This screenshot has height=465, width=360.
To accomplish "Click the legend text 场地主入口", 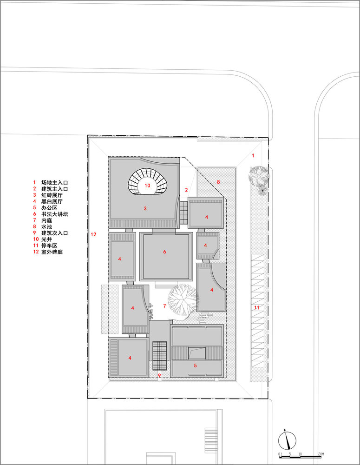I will (55, 183).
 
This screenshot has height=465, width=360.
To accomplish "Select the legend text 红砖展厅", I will (52, 196).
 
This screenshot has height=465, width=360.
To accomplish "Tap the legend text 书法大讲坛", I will (55, 215).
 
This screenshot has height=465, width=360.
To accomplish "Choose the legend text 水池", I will (46, 228).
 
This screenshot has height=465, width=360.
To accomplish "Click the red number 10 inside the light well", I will (147, 185).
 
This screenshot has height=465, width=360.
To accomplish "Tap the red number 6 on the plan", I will (164, 252).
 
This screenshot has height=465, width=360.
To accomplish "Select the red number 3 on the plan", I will (145, 209).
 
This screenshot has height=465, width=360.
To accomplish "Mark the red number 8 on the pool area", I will (218, 181).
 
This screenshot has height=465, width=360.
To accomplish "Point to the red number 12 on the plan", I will (93, 234).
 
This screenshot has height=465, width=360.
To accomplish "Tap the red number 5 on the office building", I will (195, 366).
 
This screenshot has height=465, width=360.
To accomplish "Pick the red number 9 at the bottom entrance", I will (159, 375).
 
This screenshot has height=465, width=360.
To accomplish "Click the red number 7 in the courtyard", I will (164, 306).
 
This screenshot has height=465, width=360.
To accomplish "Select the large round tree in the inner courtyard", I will (183, 300).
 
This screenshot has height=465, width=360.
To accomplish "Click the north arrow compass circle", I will (288, 439).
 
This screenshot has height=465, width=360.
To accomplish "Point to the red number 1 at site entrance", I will (253, 156).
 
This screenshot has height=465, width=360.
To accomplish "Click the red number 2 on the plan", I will (186, 190).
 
